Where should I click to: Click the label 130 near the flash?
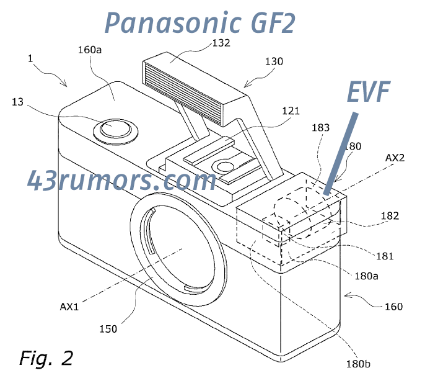[273, 61]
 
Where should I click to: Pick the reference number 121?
[290, 111]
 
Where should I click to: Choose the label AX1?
[69, 306]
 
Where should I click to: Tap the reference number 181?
[385, 254]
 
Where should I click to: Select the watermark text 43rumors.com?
[121, 181]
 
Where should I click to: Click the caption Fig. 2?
[46, 358]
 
